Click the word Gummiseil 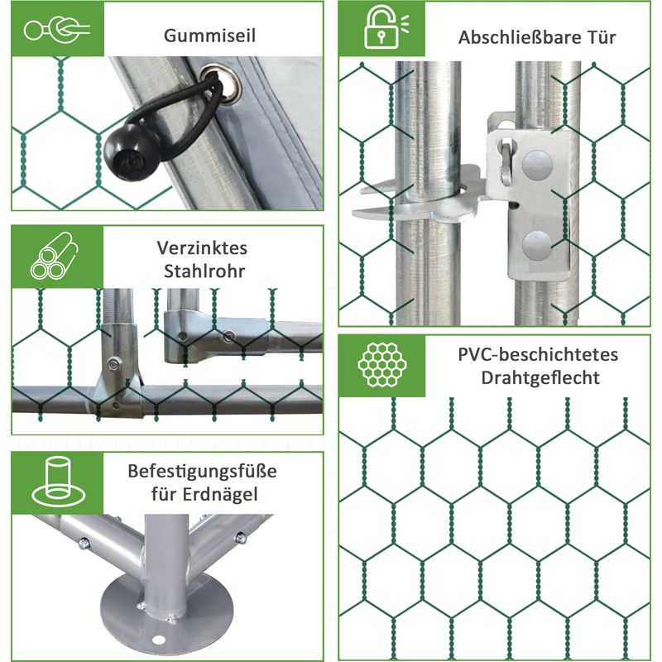(x=209, y=36)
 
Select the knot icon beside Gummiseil (x=56, y=30)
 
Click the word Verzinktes (x=202, y=247)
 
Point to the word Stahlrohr (x=204, y=271)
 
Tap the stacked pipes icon (x=54, y=256)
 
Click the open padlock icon (x=386, y=27)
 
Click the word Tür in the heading (x=601, y=37)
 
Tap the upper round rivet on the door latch (x=537, y=165)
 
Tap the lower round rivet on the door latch (x=536, y=246)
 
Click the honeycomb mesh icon (x=382, y=365)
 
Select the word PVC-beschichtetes (x=538, y=355)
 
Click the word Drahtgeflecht (x=540, y=378)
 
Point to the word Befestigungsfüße (x=202, y=471)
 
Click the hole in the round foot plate (x=158, y=640)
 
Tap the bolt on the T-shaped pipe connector (x=114, y=363)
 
